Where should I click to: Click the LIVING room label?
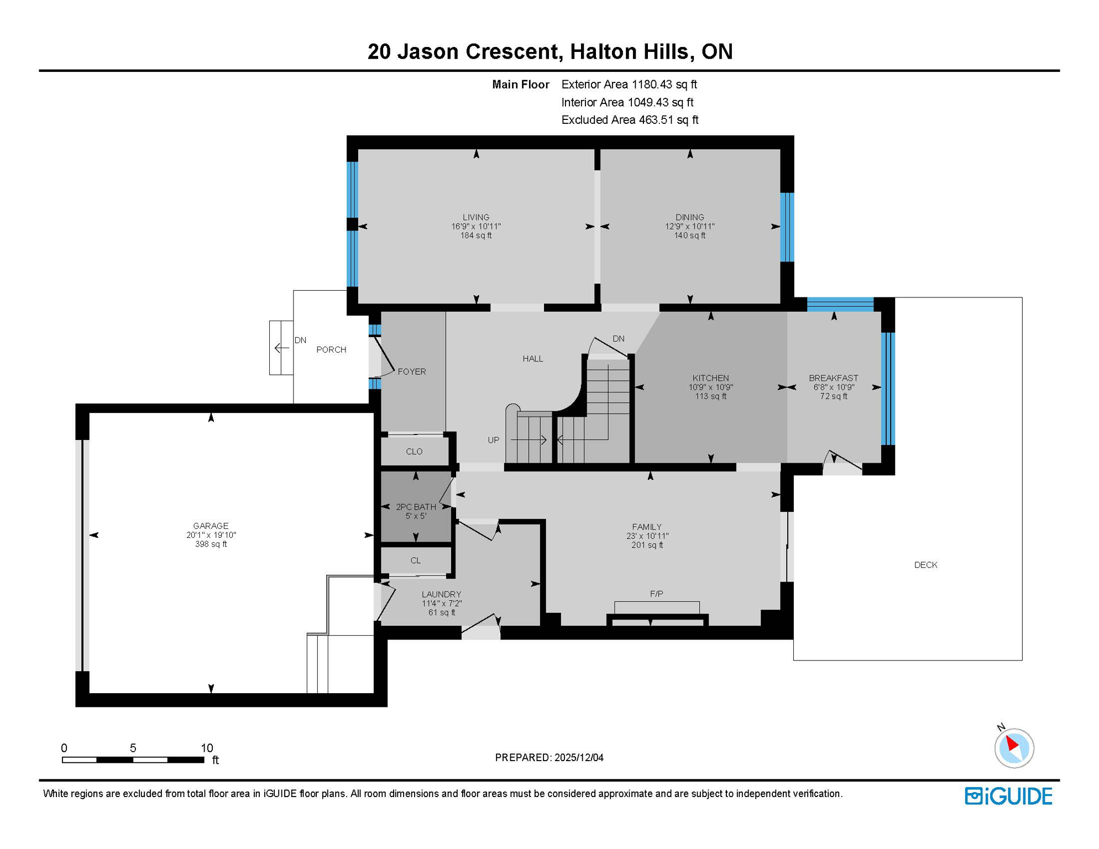(475, 217)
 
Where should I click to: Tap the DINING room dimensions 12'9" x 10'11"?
(689, 227)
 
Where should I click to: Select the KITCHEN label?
(710, 378)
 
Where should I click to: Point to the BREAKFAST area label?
(833, 378)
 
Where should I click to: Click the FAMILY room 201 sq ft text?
(647, 545)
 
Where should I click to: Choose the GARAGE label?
(211, 526)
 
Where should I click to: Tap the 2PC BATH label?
(416, 507)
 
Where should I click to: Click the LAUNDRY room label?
(441, 594)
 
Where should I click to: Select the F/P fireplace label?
(656, 594)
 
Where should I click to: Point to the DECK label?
(925, 565)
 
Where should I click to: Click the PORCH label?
(331, 349)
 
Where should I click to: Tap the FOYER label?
(412, 371)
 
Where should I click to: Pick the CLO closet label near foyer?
(414, 452)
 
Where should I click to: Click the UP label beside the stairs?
(493, 440)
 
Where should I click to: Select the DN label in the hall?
(618, 338)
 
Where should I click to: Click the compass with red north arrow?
(1014, 747)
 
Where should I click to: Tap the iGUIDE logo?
(1008, 796)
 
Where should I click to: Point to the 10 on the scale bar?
(207, 748)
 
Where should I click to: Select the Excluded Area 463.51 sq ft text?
(629, 120)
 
